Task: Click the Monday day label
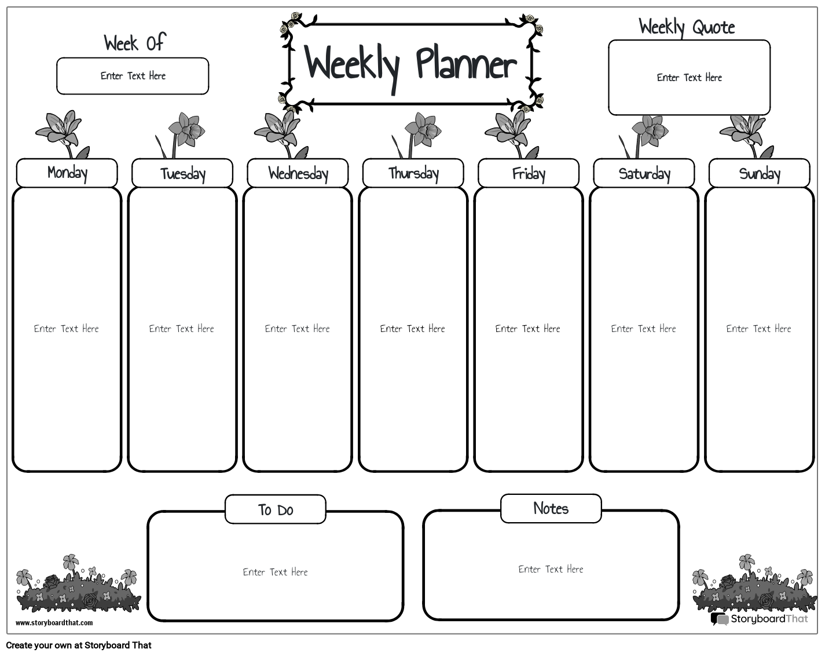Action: (x=67, y=173)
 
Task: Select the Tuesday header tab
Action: (x=182, y=173)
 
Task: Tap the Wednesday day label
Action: (x=298, y=173)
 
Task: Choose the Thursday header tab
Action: (x=413, y=173)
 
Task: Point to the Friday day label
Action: (x=529, y=173)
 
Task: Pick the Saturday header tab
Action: (x=644, y=173)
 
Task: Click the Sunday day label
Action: (x=760, y=173)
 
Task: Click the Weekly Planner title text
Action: (x=410, y=64)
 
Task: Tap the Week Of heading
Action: (x=134, y=42)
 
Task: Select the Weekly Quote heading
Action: (x=687, y=27)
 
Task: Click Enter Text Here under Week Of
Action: (x=133, y=76)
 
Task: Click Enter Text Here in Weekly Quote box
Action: (x=689, y=78)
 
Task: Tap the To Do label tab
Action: (x=276, y=510)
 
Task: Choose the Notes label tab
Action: (x=551, y=509)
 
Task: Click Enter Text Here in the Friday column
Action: (x=527, y=329)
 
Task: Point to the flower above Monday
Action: (x=60, y=131)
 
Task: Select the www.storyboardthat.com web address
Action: (x=54, y=623)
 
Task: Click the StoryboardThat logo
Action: (x=760, y=619)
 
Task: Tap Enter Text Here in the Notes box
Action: (x=551, y=569)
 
